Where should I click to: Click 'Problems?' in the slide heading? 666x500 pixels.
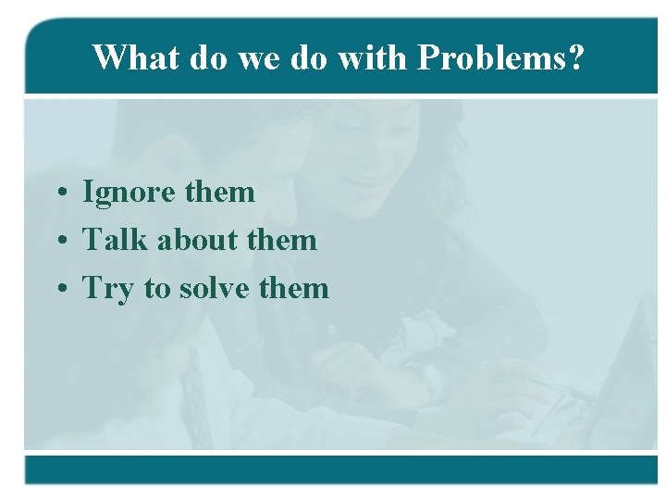tap(500, 58)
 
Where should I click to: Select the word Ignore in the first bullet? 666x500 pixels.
tap(129, 193)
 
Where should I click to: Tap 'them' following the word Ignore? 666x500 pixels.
tap(219, 192)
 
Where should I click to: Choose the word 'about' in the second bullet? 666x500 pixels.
tap(196, 240)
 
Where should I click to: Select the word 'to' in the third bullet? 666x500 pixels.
tap(157, 289)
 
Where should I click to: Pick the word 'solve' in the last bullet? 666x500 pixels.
tap(214, 288)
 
